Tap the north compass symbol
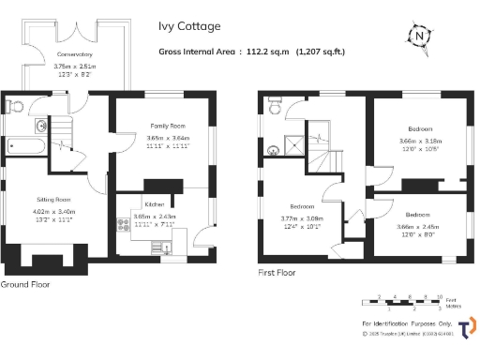419,37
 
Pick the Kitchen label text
154,203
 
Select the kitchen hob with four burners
122,225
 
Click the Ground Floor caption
25,283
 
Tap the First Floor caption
277,273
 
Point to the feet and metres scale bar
409,302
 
